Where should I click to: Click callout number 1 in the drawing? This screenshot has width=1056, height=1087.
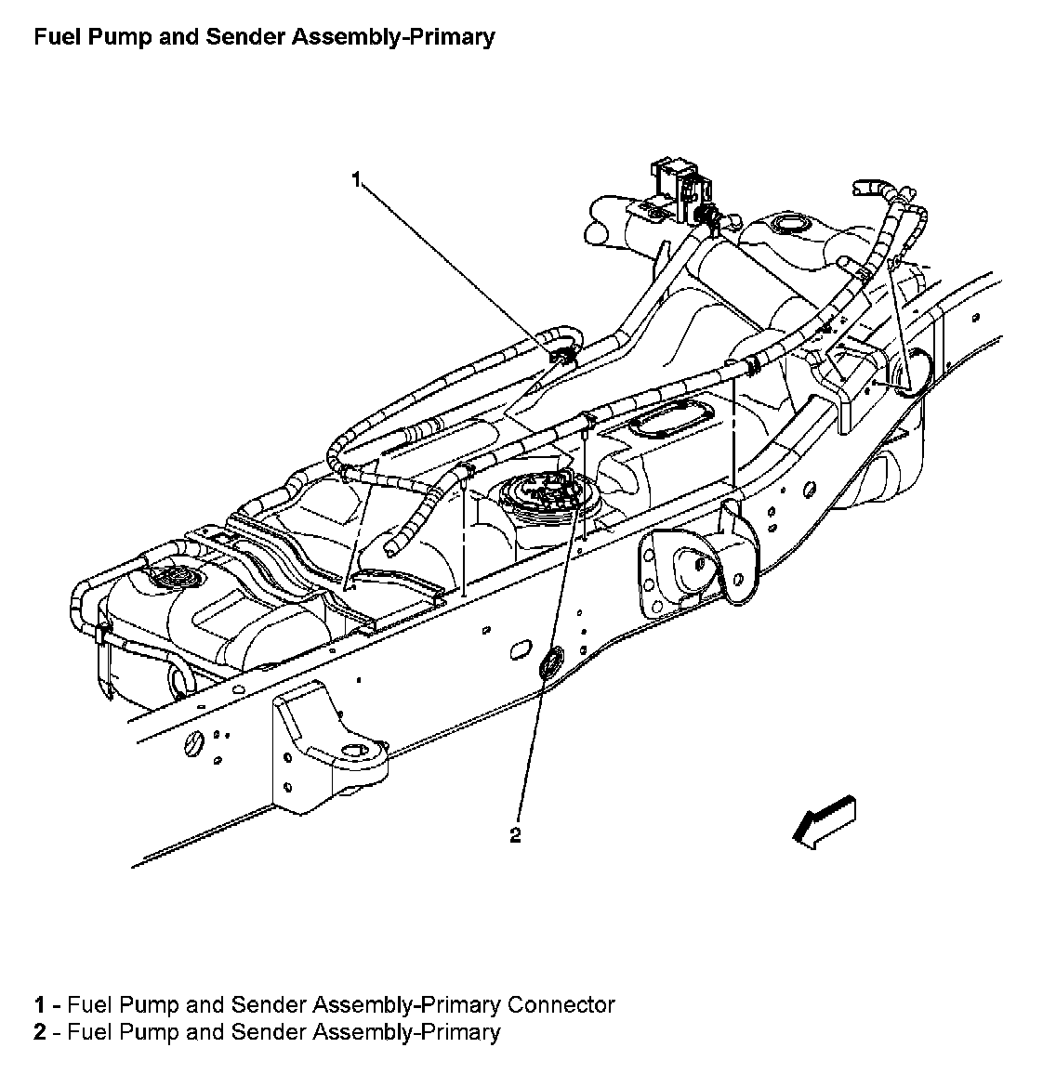[356, 179]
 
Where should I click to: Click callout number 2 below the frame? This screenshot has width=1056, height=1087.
[515, 834]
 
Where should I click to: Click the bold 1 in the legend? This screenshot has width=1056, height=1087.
[40, 1004]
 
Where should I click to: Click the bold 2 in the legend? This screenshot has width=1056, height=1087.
[40, 1032]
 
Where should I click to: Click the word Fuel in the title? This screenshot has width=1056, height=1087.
[54, 37]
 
